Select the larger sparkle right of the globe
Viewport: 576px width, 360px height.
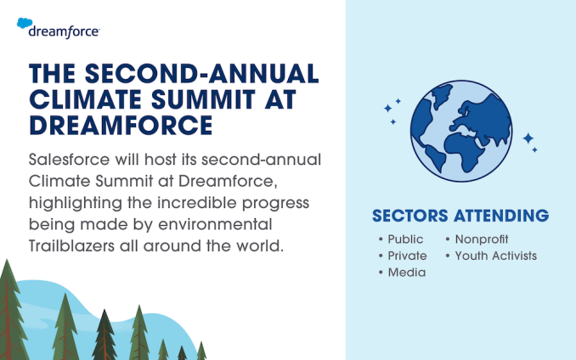(528, 138)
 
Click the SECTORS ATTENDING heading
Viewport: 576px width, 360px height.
(459, 215)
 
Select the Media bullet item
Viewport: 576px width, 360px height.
(406, 272)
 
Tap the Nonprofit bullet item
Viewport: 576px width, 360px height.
(481, 239)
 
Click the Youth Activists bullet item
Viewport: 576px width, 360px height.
(495, 256)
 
